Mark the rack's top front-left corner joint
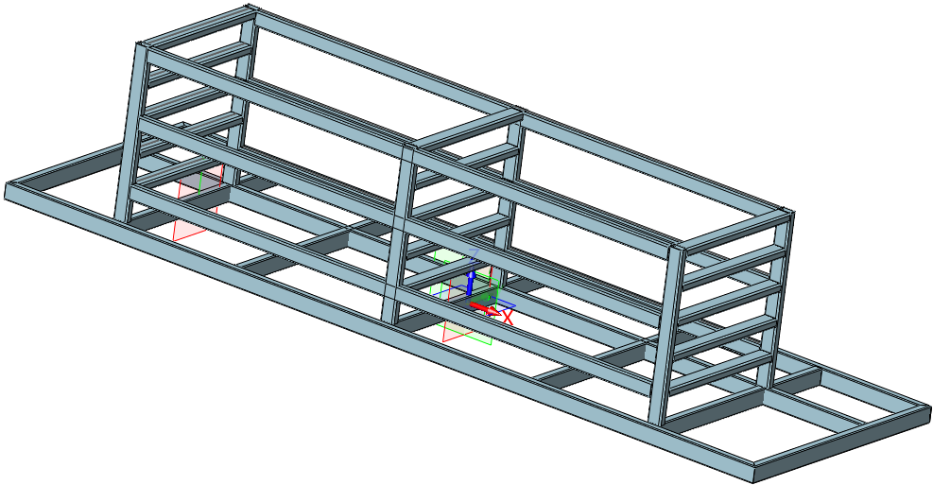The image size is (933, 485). point(143,48)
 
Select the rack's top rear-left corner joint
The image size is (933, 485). point(251,13)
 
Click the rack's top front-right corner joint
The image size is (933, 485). point(678,249)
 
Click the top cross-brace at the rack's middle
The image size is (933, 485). point(468,130)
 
